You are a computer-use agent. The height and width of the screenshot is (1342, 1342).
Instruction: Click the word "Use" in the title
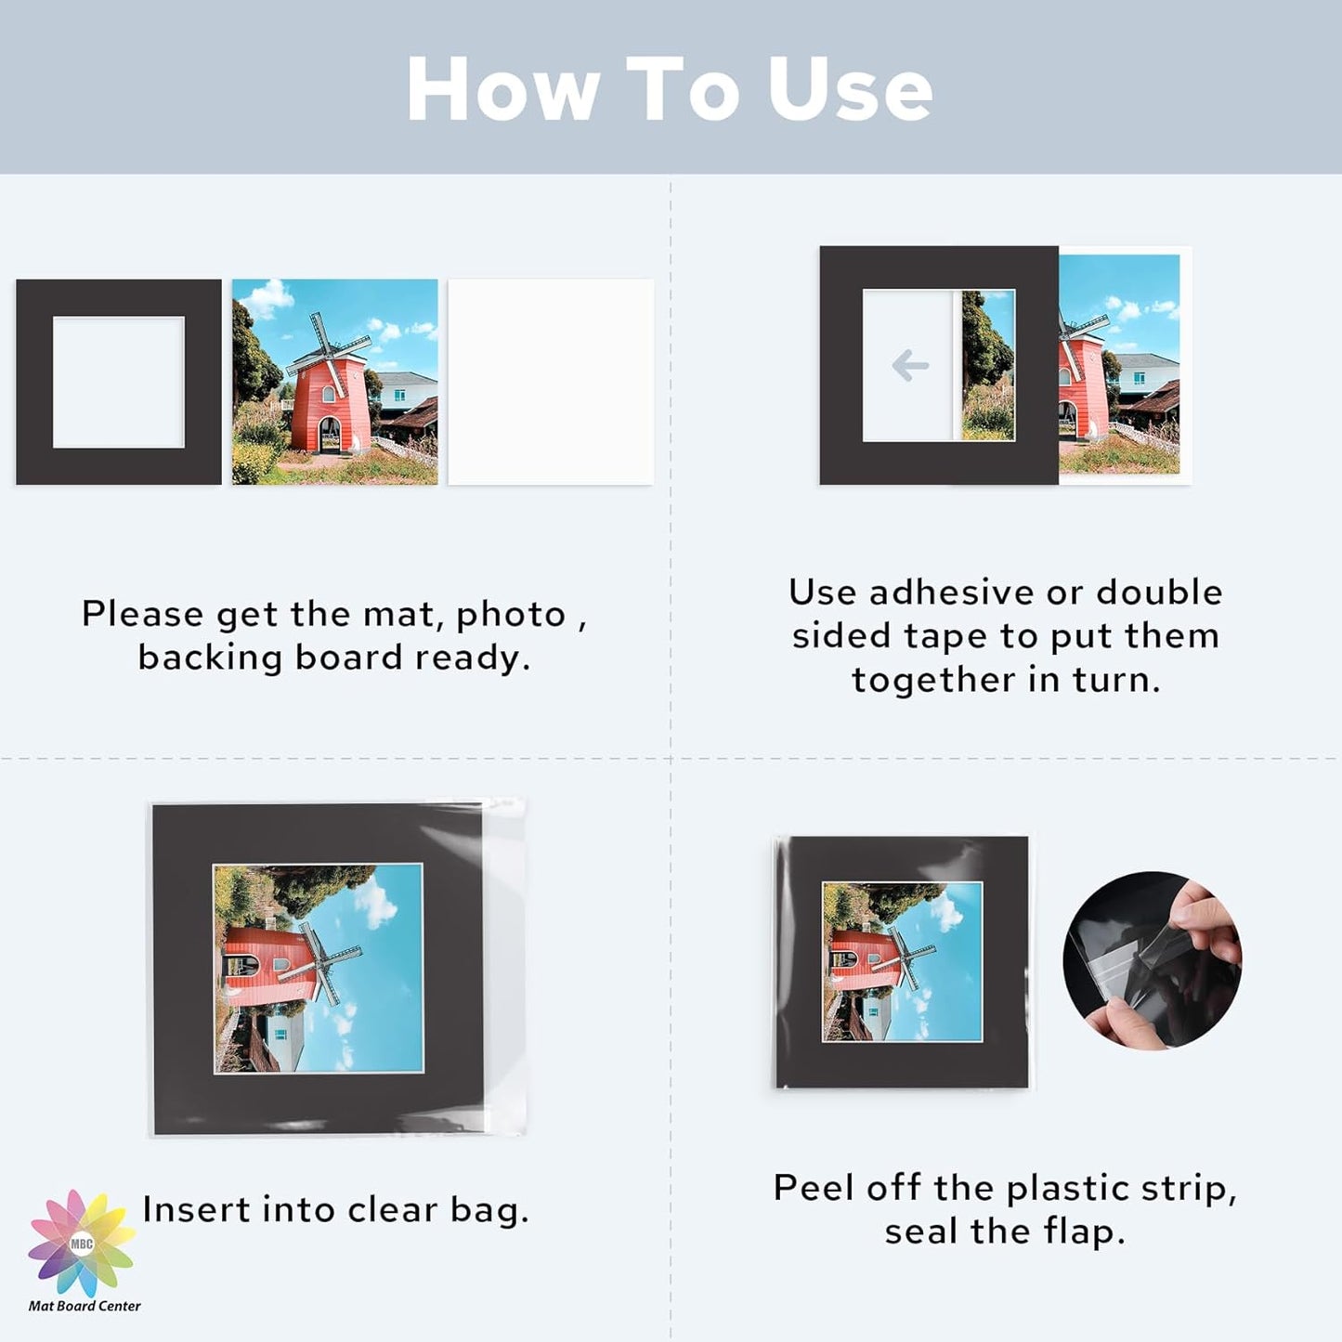pos(850,89)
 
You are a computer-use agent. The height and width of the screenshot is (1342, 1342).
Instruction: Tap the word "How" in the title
pos(502,89)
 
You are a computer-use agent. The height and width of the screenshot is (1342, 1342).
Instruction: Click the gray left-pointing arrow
pos(910,365)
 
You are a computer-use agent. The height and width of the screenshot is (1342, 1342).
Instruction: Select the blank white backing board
pos(551,382)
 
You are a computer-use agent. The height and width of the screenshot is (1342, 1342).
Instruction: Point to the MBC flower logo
pos(82,1243)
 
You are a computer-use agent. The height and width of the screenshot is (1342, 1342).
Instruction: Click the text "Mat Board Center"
pos(85,1306)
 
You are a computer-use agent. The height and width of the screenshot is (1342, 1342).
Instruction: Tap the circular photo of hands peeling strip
pos(1152,960)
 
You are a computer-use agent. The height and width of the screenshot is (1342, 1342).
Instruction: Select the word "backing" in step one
pos(210,658)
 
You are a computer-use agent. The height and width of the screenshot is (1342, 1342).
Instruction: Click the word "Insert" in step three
pos(197,1209)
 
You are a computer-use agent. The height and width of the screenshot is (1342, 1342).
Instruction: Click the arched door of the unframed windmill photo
pos(330,435)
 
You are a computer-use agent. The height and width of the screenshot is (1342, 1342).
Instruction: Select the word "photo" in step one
pos(511,615)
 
